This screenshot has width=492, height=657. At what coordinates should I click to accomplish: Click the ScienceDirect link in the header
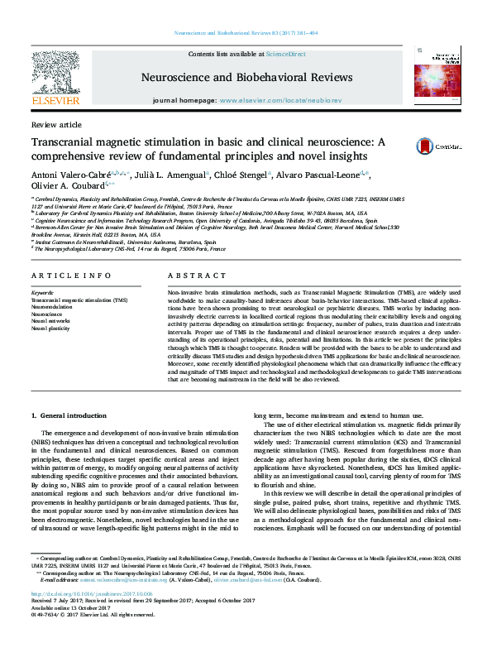coord(285,54)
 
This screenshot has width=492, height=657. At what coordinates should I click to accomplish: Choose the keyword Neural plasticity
coord(51,328)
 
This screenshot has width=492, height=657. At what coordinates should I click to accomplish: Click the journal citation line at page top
coord(246,33)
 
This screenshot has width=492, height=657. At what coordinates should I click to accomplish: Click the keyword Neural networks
coord(50,320)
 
